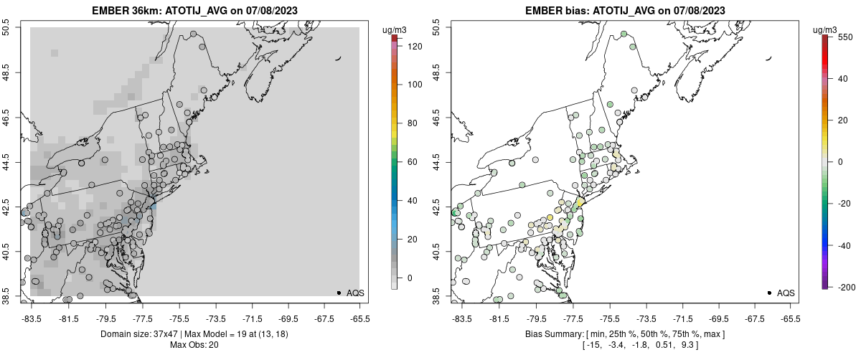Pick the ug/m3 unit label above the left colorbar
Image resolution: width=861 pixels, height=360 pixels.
(x=394, y=30)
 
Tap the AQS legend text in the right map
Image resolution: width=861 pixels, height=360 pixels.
(x=786, y=293)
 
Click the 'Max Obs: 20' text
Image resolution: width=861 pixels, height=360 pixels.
(x=194, y=345)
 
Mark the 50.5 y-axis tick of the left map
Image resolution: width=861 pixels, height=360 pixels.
(x=6, y=28)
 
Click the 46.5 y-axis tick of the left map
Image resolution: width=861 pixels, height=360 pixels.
(x=6, y=118)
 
